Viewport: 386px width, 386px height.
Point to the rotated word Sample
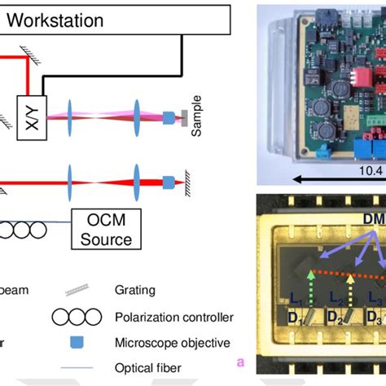pyautogui.click(x=196, y=115)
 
